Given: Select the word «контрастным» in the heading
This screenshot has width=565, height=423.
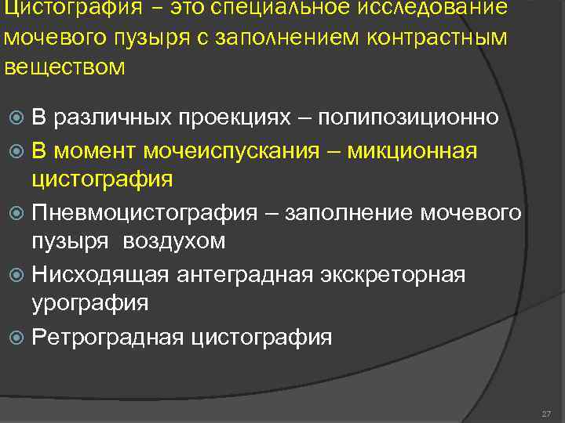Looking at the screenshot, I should pos(444,38).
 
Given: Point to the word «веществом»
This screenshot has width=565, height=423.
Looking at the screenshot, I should pos(64,67).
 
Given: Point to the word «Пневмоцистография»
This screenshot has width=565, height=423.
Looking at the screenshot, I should pos(144,212).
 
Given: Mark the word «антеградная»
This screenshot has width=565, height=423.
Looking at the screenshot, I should pos(243,275).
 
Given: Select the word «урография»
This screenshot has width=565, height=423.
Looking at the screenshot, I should pos(90,305).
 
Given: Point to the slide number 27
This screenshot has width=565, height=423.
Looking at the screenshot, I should pos(546,413).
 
